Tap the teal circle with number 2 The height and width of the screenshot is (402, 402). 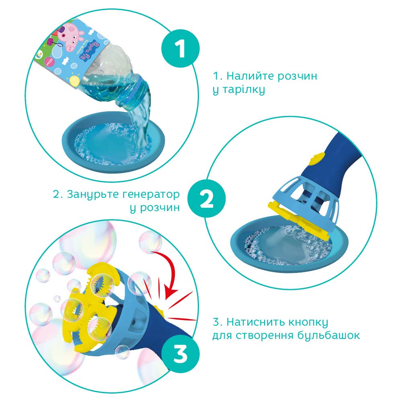point(207,200)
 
